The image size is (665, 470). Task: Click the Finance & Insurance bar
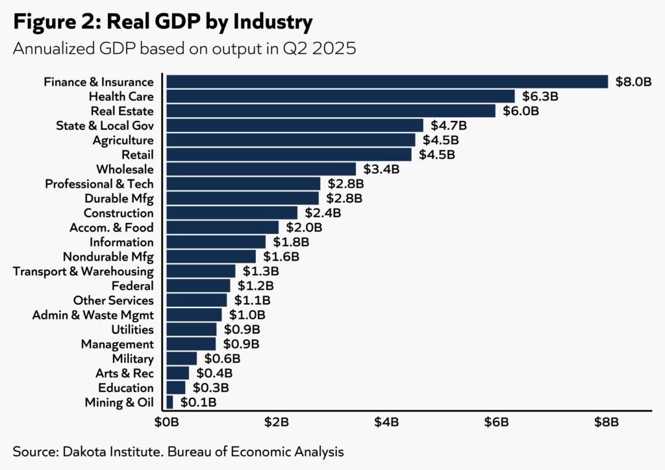click(x=387, y=81)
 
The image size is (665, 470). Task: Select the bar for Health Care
click(x=340, y=96)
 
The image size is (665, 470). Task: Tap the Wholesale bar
click(x=261, y=169)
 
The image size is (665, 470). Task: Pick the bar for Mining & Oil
click(x=170, y=402)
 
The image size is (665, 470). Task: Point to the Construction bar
click(x=232, y=213)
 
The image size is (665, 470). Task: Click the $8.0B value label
click(x=633, y=82)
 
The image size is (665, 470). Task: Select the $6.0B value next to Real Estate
click(x=521, y=111)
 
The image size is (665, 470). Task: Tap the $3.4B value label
click(x=382, y=170)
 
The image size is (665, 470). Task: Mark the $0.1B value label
click(x=199, y=403)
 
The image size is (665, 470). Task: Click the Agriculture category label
click(x=123, y=140)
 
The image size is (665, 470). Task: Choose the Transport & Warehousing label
click(x=83, y=271)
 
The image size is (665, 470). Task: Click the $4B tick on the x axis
click(x=386, y=423)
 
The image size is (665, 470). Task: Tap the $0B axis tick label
click(x=166, y=423)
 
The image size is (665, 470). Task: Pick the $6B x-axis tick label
click(x=497, y=423)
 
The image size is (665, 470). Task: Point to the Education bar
click(x=176, y=388)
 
